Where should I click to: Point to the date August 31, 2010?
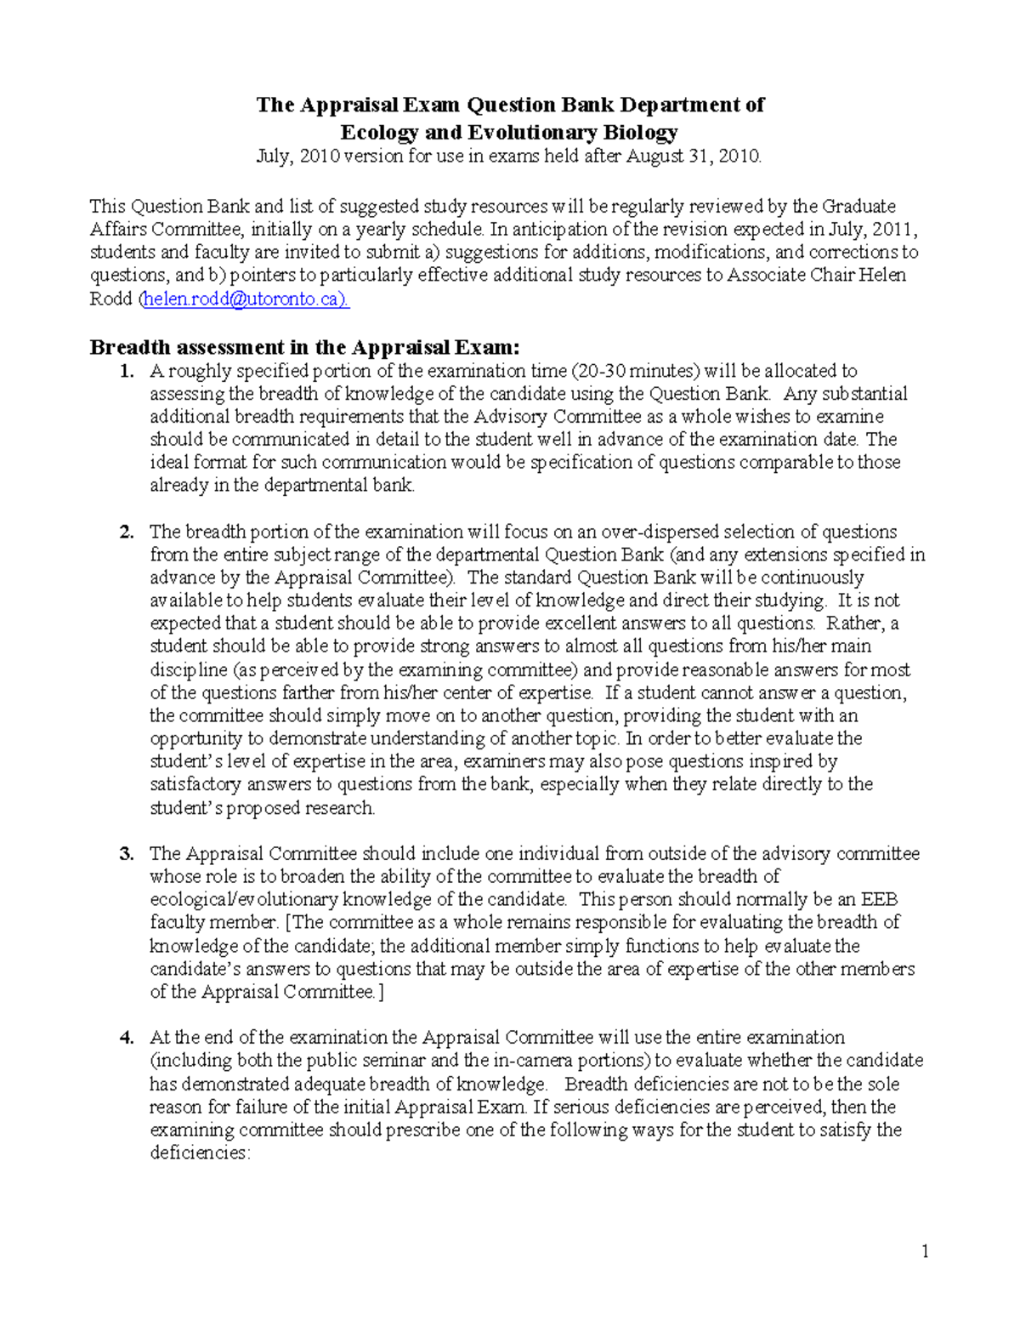click(694, 157)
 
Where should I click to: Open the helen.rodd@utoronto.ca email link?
click(245, 299)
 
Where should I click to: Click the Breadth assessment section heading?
click(303, 347)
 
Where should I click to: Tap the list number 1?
click(127, 371)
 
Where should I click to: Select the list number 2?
click(127, 532)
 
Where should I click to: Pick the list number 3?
click(127, 854)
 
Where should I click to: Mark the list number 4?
click(127, 1038)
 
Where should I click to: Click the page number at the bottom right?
click(925, 1250)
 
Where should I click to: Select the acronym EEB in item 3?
click(879, 900)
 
